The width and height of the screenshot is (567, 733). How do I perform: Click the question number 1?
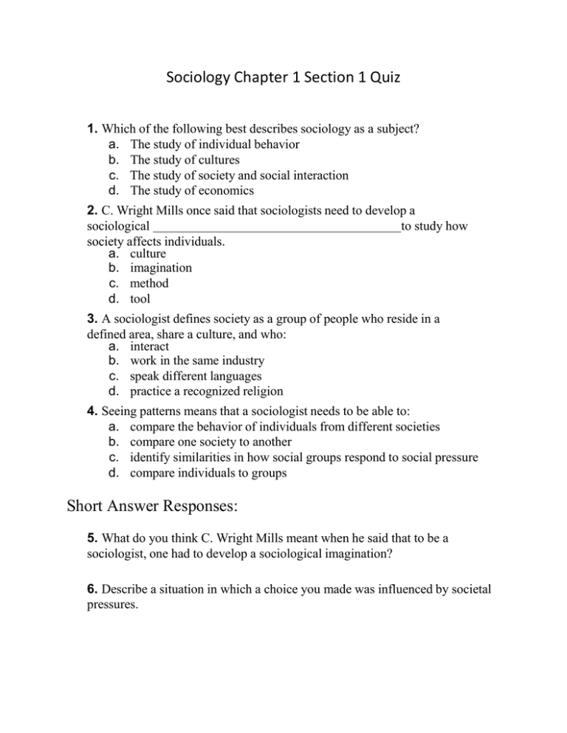tap(92, 129)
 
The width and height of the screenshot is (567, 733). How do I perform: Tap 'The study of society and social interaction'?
tap(239, 176)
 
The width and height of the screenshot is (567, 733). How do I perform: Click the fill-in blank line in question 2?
tap(278, 226)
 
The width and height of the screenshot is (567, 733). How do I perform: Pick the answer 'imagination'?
tap(161, 268)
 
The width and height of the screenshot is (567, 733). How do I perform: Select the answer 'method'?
tap(149, 283)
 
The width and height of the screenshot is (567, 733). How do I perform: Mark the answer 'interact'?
tap(149, 346)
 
